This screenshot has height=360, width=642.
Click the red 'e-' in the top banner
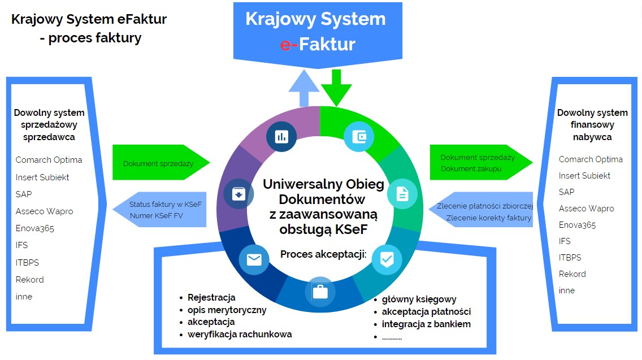click(x=289, y=44)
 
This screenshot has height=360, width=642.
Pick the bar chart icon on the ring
click(x=281, y=136)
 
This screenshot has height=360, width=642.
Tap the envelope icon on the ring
click(x=254, y=259)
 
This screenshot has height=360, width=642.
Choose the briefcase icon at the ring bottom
click(x=320, y=292)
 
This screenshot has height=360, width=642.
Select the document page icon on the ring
click(x=402, y=194)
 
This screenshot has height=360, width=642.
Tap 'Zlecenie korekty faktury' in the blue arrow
click(x=489, y=218)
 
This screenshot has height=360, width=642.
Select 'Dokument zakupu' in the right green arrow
click(x=471, y=168)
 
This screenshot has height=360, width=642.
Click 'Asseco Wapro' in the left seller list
click(x=44, y=211)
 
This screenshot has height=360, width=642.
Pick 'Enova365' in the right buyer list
click(x=577, y=225)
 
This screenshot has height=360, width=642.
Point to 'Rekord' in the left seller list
click(x=29, y=279)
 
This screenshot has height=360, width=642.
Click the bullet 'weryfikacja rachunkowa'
click(x=240, y=334)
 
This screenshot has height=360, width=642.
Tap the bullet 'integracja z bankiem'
click(x=426, y=324)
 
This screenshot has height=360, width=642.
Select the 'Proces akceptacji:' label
click(x=323, y=254)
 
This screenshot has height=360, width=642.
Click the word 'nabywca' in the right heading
click(x=592, y=137)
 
